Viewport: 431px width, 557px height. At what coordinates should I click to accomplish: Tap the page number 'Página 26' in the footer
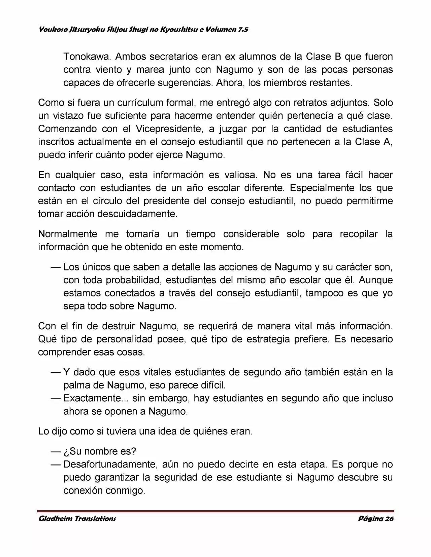(376, 519)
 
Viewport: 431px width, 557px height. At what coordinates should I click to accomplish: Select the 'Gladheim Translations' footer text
(77, 519)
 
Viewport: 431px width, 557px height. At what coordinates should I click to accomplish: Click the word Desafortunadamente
(109, 465)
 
